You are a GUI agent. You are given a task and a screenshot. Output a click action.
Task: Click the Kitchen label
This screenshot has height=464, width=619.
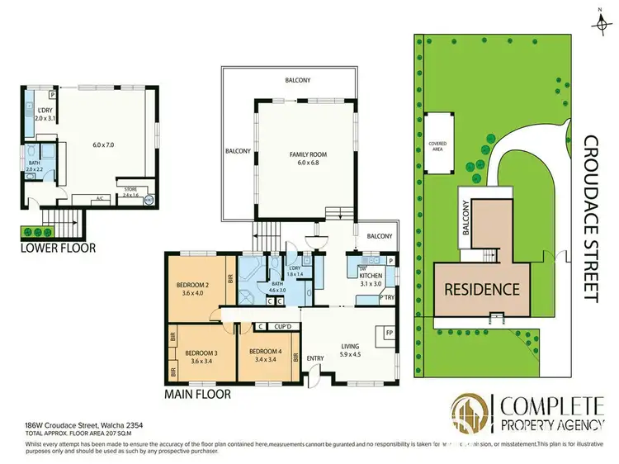click(374, 275)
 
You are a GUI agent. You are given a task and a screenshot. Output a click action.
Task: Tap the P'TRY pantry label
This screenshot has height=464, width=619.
click(387, 299)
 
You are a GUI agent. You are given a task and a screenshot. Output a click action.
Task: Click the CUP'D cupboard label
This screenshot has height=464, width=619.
click(286, 327)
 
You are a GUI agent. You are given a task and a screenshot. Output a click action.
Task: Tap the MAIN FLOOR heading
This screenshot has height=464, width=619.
click(198, 395)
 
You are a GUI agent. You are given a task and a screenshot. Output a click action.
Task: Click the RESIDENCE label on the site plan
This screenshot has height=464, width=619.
click(483, 289)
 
